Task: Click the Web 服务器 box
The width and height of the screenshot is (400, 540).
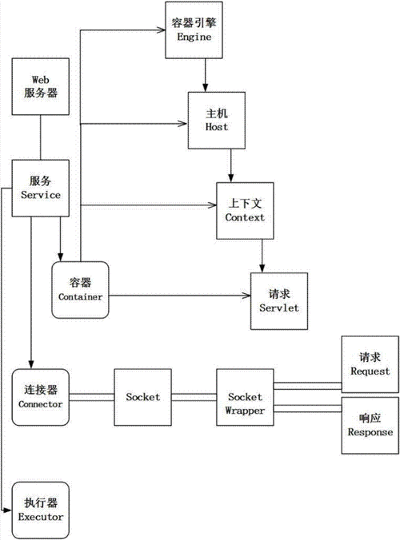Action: [41, 87]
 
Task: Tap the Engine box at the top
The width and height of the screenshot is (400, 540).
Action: [193, 30]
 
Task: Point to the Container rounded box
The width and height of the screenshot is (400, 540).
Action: [81, 289]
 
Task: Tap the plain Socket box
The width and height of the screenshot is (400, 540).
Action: [142, 396]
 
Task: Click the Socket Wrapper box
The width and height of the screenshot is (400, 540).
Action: [245, 396]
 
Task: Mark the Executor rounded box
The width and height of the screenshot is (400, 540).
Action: [41, 509]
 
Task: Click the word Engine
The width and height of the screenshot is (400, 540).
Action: [193, 37]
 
